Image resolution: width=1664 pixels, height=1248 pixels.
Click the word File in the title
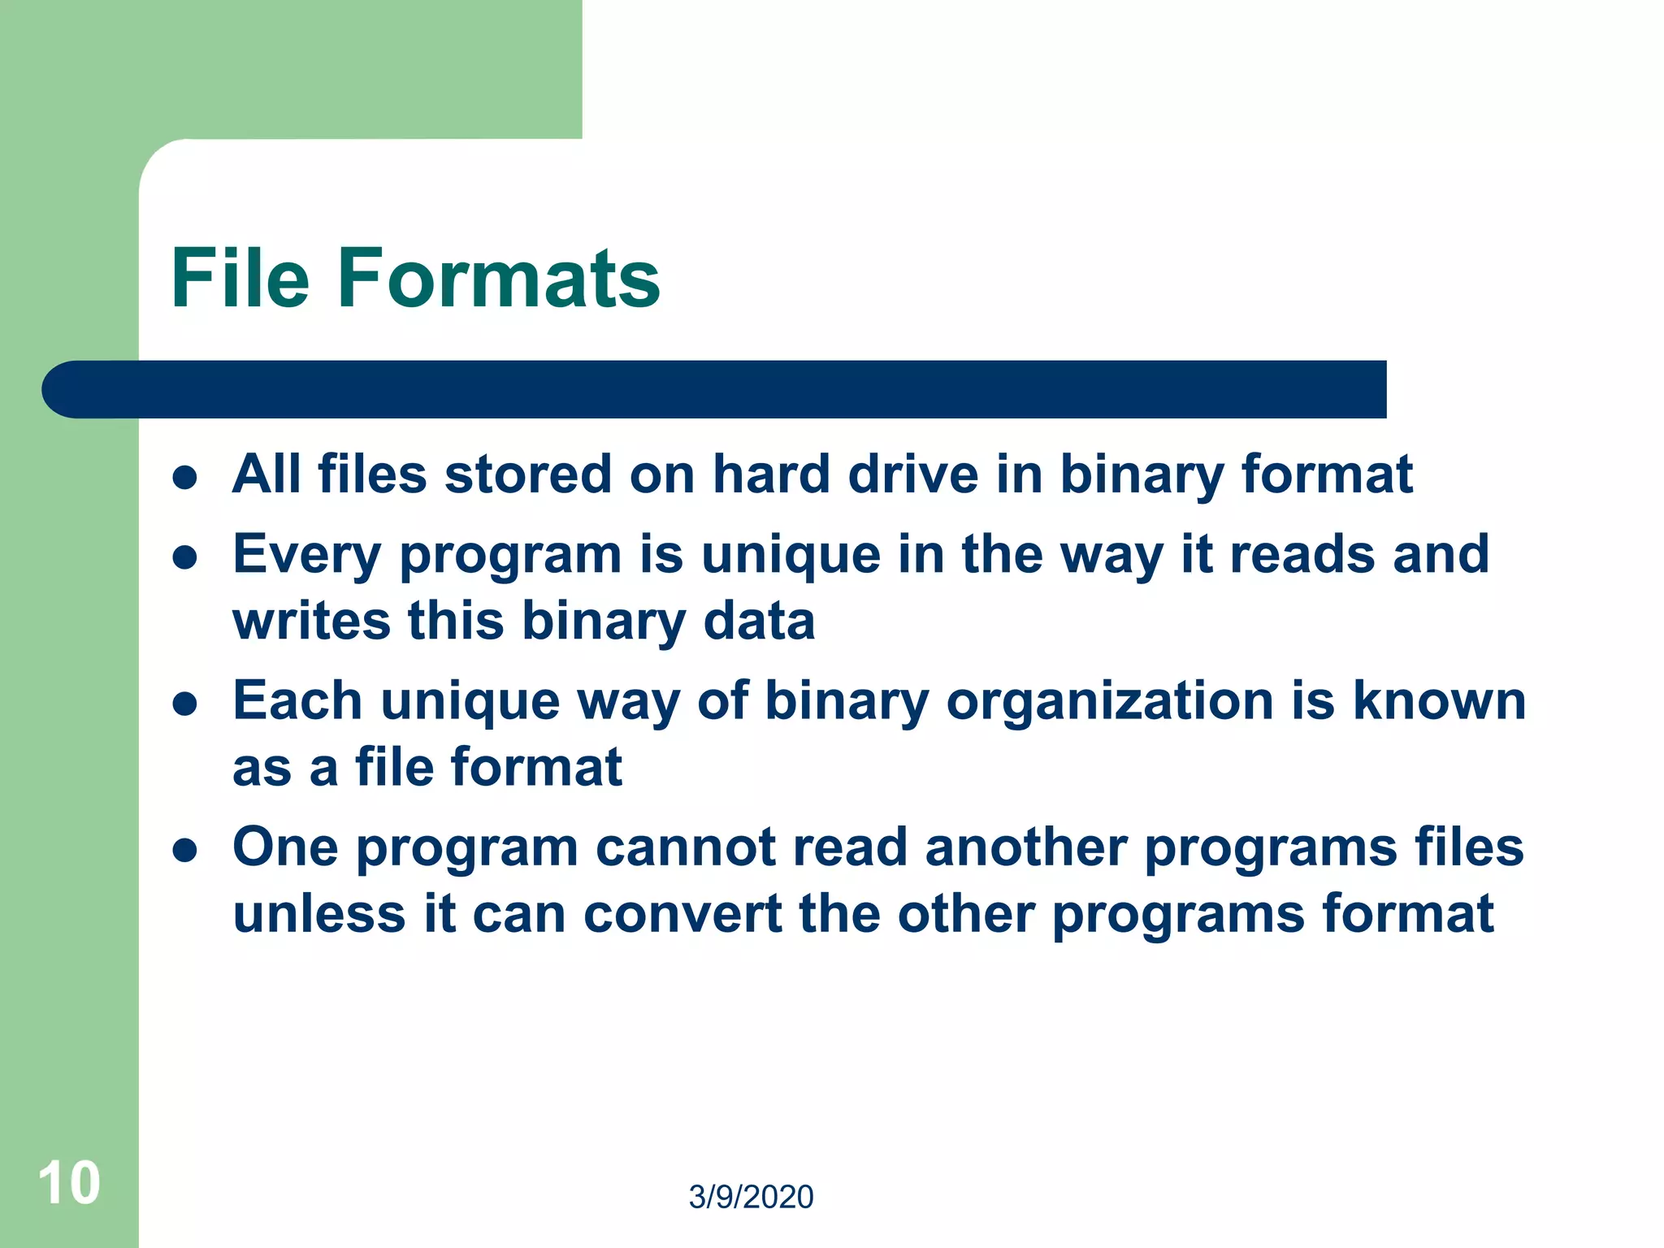point(240,279)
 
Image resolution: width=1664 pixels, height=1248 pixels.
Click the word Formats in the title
point(498,279)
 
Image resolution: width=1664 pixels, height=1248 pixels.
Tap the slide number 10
point(69,1183)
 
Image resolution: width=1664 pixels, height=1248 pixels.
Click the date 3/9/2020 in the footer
point(751,1197)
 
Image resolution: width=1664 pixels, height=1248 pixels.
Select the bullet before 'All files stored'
point(185,477)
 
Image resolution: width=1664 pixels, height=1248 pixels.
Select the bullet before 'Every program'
point(185,557)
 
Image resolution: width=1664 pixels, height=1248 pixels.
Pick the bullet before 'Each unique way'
point(185,704)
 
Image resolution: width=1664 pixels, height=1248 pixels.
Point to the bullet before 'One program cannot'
point(185,850)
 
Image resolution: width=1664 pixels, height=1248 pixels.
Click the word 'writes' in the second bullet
point(311,621)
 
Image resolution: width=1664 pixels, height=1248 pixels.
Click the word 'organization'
point(1110,700)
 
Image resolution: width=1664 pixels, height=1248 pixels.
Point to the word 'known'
point(1439,700)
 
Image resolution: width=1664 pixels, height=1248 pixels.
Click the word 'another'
point(1025,847)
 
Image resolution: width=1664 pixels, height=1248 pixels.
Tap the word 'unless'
point(318,914)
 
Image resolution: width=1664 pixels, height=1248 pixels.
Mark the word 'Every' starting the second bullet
point(306,556)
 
